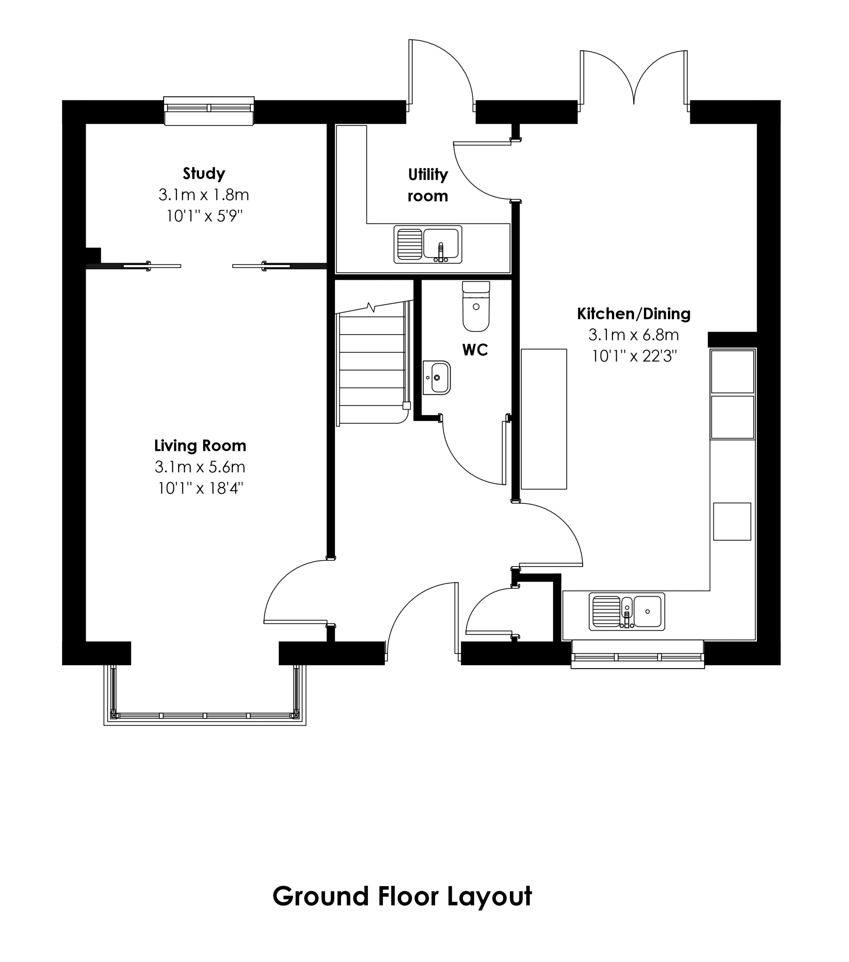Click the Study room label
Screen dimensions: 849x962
pos(204,174)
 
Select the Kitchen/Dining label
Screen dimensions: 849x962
pos(633,313)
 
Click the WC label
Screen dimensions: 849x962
pos(475,350)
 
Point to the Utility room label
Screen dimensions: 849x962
pos(428,185)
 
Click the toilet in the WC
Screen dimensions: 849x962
pos(476,306)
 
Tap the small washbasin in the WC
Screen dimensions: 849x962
pos(436,377)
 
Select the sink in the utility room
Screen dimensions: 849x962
pos(428,244)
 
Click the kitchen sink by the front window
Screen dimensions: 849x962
pos(627,611)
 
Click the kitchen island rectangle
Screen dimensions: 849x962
pos(544,419)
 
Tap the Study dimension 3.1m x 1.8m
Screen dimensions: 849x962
pos(204,194)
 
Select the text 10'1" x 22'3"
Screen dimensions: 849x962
pos(633,356)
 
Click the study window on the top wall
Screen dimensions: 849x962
pos(209,111)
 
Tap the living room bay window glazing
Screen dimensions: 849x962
pos(205,715)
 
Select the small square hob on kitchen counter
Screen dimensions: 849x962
pos(732,522)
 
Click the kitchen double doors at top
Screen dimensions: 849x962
pos(634,80)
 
